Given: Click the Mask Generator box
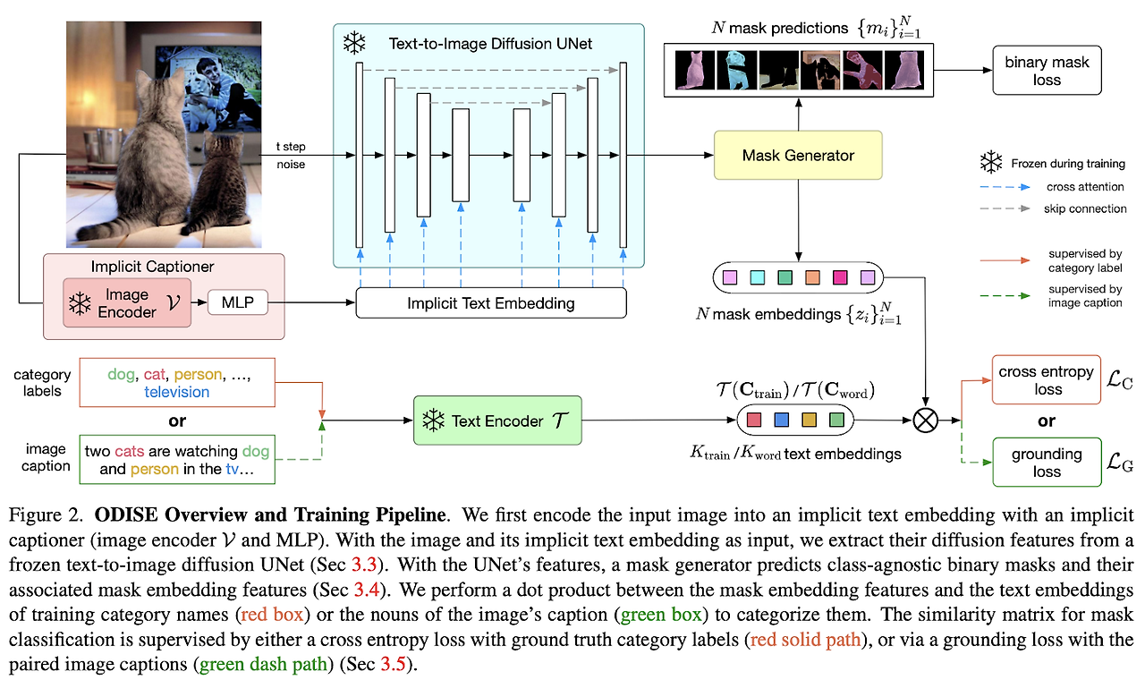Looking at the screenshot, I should (x=798, y=155).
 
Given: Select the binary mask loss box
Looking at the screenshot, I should (x=1046, y=71).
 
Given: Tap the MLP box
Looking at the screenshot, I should (x=237, y=302).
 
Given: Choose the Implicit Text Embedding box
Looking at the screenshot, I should (x=490, y=303).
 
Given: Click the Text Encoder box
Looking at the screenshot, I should (x=497, y=421).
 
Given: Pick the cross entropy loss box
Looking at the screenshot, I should (x=1047, y=379).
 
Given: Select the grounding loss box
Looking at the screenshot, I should (x=1047, y=462).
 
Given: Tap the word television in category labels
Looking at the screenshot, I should (x=176, y=391).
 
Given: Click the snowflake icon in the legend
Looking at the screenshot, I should (x=990, y=163).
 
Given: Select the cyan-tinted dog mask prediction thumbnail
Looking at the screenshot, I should (x=736, y=69).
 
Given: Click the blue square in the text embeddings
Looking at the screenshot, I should (x=781, y=419).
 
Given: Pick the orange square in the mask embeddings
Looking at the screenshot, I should (x=812, y=278).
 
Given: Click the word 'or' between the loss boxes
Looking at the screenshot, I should (x=1046, y=421).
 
